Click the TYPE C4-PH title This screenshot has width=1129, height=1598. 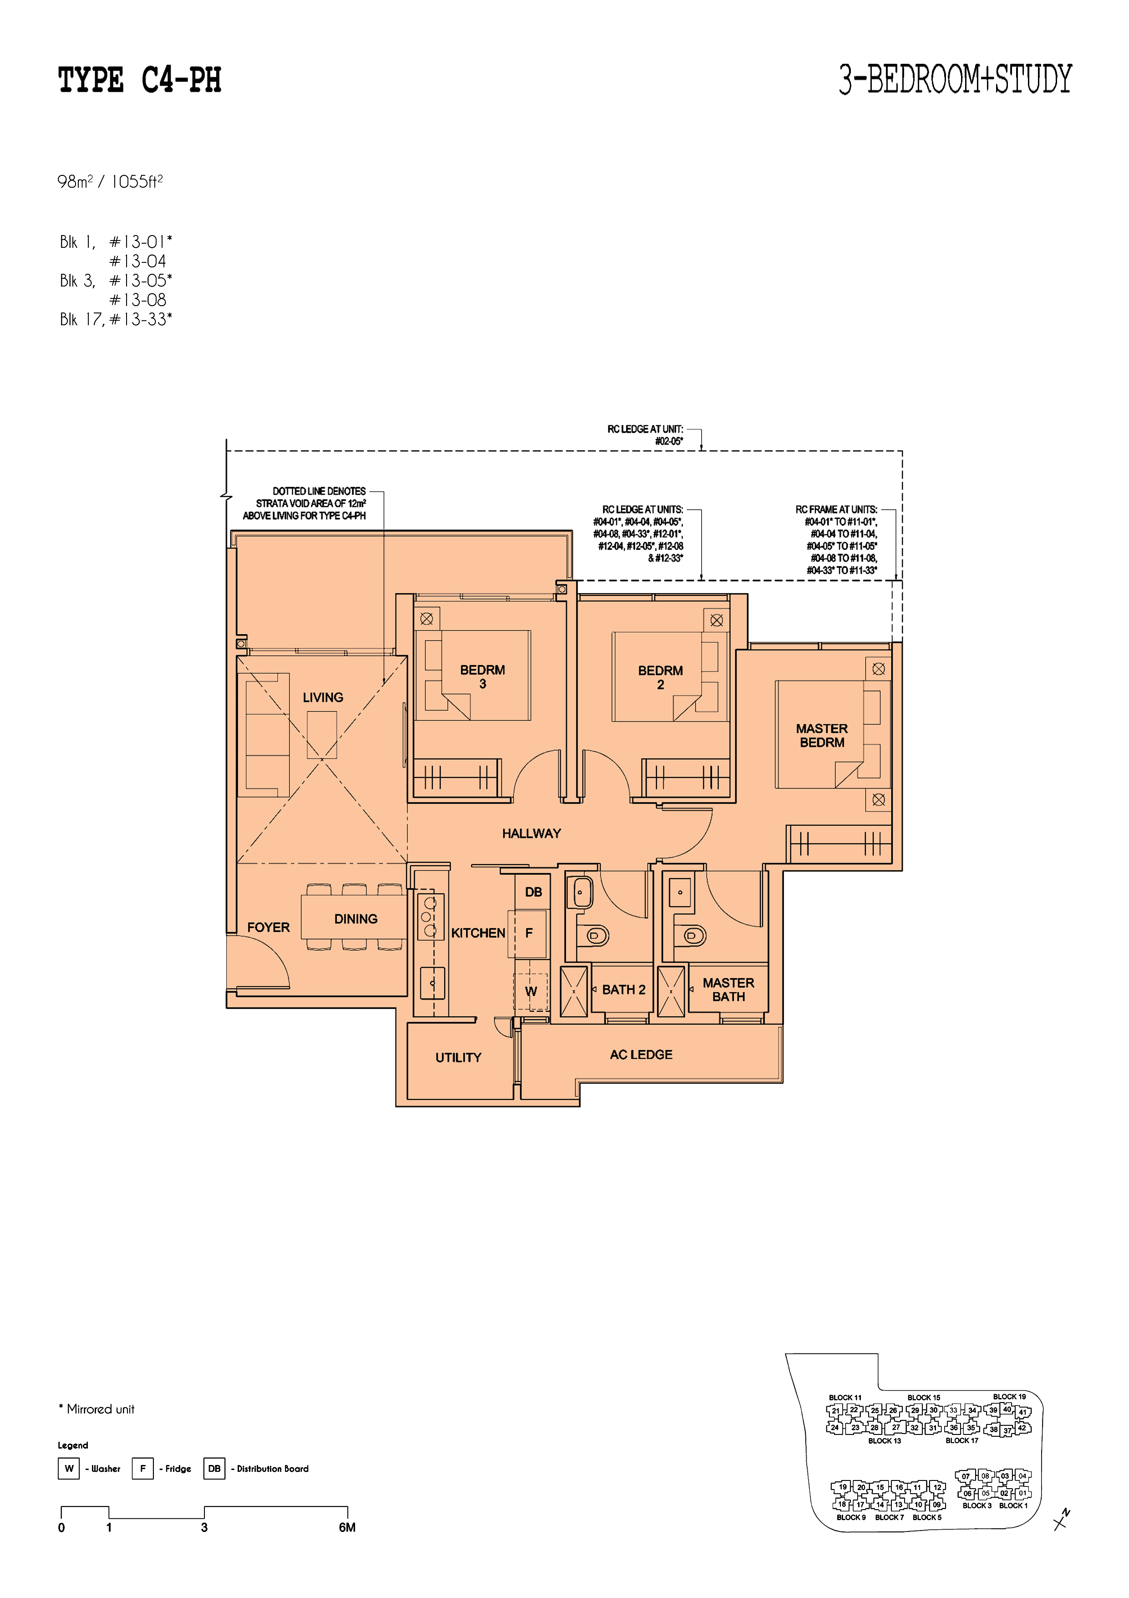click(x=140, y=80)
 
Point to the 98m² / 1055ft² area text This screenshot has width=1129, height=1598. click(x=110, y=182)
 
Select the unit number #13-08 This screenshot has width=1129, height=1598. click(x=138, y=300)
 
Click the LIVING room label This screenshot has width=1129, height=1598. click(x=323, y=697)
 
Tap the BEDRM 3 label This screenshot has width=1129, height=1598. click(x=483, y=676)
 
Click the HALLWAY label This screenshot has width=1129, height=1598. click(x=531, y=833)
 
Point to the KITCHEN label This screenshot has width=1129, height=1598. click(x=478, y=932)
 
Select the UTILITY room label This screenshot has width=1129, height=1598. click(x=458, y=1057)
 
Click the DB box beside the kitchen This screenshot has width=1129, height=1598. click(x=533, y=891)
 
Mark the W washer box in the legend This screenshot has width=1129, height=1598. click(x=69, y=1469)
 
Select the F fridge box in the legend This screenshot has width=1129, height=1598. click(x=142, y=1469)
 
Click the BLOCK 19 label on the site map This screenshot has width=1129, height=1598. click(x=1009, y=1396)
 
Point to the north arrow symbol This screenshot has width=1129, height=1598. click(x=1062, y=1519)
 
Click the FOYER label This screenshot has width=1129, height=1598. click(x=269, y=927)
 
